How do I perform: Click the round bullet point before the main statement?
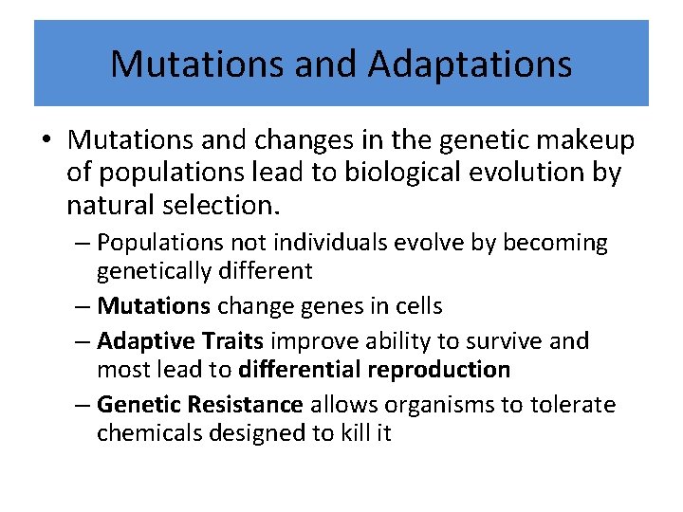(46, 141)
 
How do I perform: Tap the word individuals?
(315, 244)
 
